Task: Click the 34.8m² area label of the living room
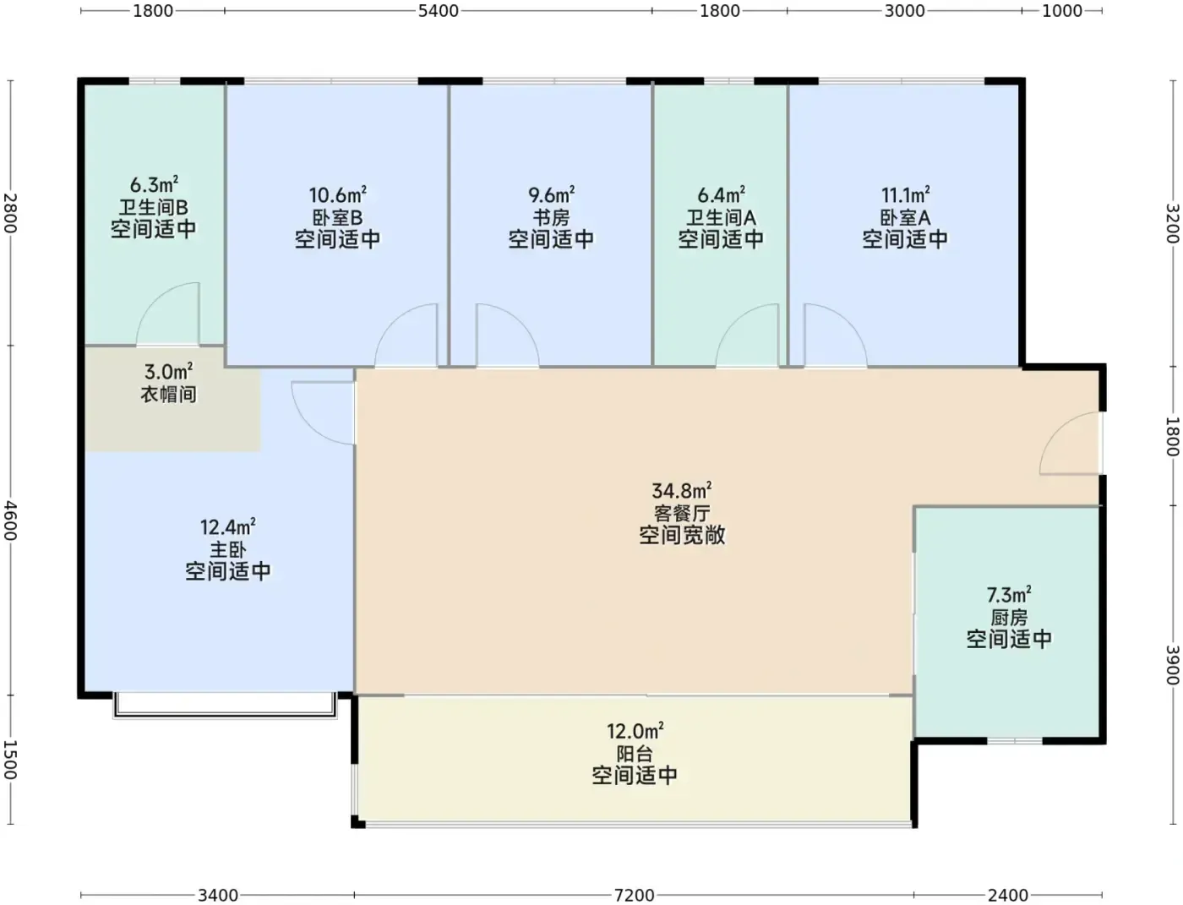(x=681, y=491)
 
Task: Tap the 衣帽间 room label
(x=169, y=395)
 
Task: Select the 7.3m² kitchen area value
(x=1009, y=595)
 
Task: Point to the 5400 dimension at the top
(x=439, y=11)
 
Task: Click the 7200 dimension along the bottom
(x=635, y=896)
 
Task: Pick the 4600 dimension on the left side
(x=10, y=521)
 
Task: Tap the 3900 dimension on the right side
(x=1173, y=665)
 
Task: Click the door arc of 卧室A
(x=850, y=321)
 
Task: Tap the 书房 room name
(x=551, y=218)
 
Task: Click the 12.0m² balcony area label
(x=635, y=732)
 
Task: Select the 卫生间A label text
(x=721, y=218)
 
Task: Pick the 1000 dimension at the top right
(x=1061, y=11)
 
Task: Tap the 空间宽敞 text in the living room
(x=682, y=535)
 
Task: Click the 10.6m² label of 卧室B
(x=338, y=194)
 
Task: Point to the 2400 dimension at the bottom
(x=1008, y=896)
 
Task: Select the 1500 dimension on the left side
(x=10, y=760)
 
